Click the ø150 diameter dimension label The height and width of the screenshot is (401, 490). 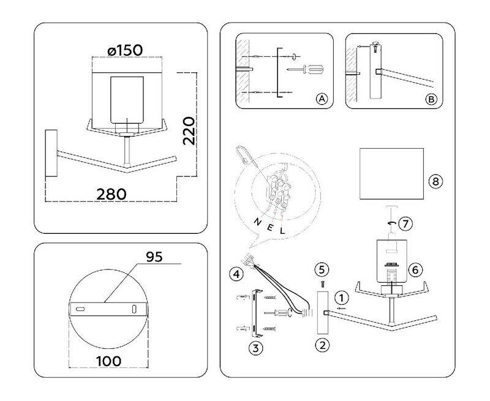(126, 50)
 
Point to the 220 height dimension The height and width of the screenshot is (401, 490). (190, 130)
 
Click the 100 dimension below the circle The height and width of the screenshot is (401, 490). (108, 361)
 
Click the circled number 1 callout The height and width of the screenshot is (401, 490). (343, 298)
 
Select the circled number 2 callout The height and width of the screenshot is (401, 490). (322, 344)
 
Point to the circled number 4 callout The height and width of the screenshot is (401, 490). (235, 274)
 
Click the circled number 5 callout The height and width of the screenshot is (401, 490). (322, 269)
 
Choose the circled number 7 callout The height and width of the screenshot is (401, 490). (404, 223)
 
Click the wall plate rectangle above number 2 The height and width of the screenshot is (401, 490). (323, 312)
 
